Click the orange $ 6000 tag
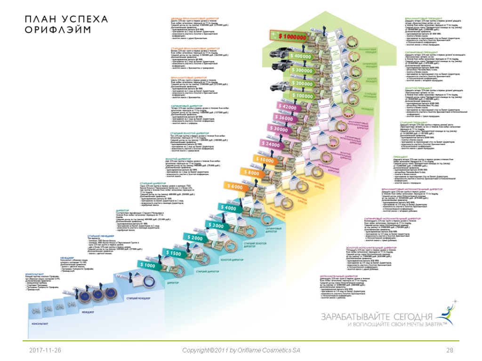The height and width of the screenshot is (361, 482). (234, 187)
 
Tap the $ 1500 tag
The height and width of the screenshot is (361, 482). (173, 253)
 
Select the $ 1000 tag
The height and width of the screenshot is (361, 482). (147, 265)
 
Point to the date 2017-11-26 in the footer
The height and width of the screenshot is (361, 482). (45, 351)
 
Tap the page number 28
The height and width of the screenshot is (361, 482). (450, 351)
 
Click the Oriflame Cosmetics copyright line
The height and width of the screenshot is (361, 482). (241, 351)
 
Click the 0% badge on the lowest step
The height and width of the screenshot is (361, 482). (36, 311)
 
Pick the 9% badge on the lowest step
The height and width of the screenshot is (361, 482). (72, 305)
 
